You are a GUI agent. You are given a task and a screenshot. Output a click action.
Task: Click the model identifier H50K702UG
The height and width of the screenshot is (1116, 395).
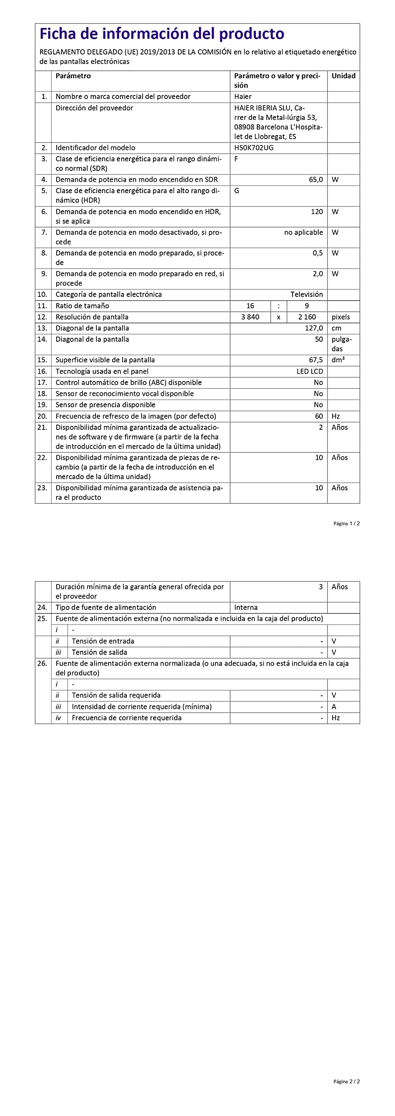pyautogui.click(x=254, y=148)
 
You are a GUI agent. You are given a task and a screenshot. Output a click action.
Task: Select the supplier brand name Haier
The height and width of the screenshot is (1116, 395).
pyautogui.click(x=243, y=97)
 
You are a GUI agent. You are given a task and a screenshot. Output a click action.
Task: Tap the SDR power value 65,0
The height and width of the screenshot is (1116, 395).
pyautogui.click(x=316, y=180)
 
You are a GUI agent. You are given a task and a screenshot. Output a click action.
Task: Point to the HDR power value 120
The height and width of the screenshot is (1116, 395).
pyautogui.click(x=317, y=212)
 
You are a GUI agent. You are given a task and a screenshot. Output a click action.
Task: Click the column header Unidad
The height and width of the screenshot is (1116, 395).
pyautogui.click(x=343, y=76)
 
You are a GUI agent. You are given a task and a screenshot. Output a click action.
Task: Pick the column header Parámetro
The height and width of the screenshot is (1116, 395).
pyautogui.click(x=73, y=76)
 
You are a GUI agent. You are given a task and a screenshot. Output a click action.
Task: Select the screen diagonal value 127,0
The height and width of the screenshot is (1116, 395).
pyautogui.click(x=314, y=328)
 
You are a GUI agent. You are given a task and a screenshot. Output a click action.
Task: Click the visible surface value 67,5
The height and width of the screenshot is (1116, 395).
pyautogui.click(x=316, y=360)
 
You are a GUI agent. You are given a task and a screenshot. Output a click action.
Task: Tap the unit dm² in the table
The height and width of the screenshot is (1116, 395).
pyautogui.click(x=338, y=360)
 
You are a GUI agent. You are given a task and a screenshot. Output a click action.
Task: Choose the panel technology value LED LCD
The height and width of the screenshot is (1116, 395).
pyautogui.click(x=310, y=371)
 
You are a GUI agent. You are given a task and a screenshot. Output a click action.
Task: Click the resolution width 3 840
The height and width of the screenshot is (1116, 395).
pyautogui.click(x=250, y=317)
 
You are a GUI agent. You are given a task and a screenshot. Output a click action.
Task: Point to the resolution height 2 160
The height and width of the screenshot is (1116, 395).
pyautogui.click(x=307, y=317)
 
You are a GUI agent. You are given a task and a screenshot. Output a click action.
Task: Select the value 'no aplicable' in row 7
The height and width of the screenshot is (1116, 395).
pyautogui.click(x=303, y=233)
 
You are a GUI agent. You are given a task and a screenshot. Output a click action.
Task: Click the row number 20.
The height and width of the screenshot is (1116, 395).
pyautogui.click(x=42, y=416)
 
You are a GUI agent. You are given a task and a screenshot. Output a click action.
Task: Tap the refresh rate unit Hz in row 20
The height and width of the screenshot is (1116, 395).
pyautogui.click(x=336, y=416)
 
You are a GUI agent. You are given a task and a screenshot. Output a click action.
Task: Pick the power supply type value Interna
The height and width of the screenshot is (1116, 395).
pyautogui.click(x=246, y=608)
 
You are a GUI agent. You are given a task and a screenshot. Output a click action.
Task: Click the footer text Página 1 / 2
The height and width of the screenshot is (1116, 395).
pyautogui.click(x=347, y=524)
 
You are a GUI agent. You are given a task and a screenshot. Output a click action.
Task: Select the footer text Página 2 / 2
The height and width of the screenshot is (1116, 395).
pyautogui.click(x=347, y=1082)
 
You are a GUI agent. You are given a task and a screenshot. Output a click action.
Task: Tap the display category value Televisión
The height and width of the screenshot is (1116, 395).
pyautogui.click(x=306, y=295)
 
